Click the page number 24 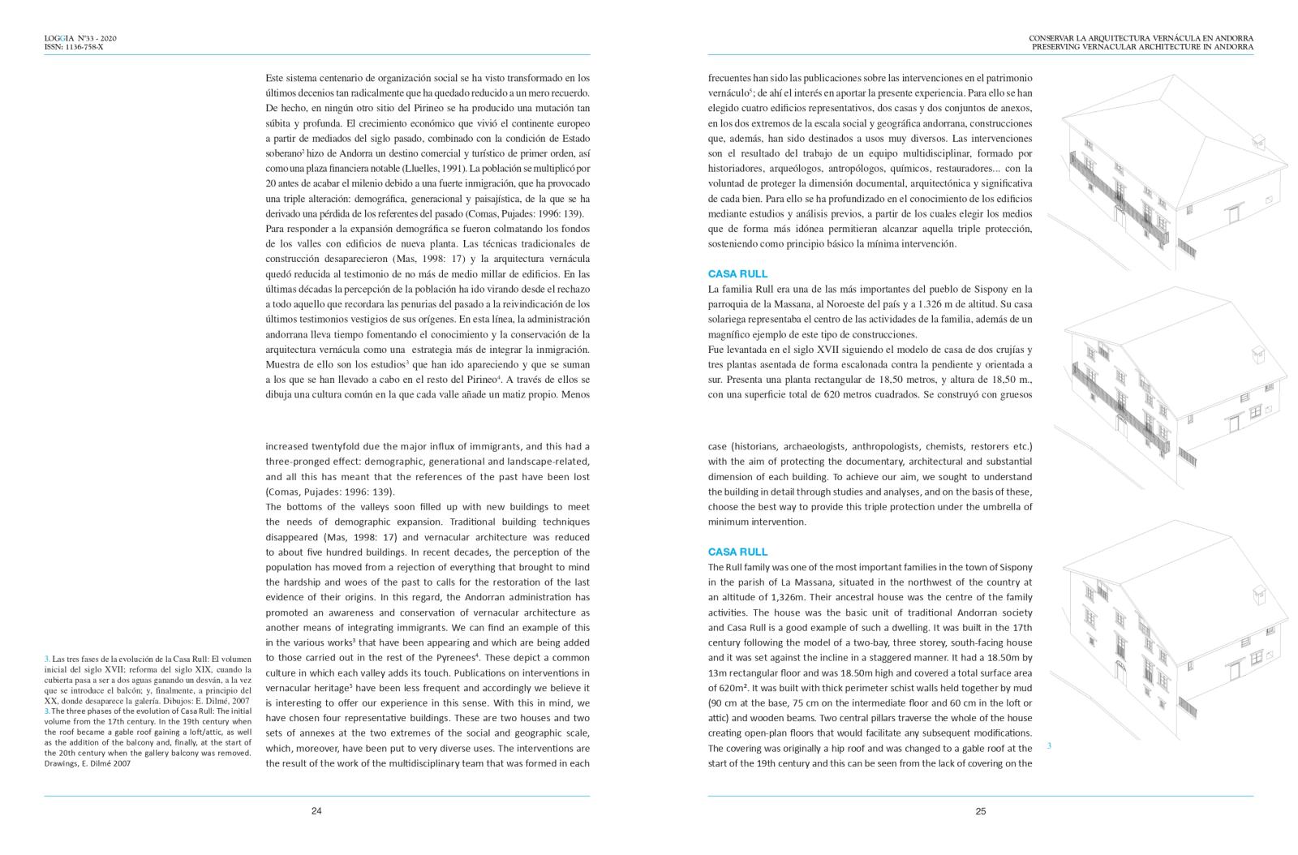316,810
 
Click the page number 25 980,810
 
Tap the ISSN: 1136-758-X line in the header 74,47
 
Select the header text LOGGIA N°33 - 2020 81,38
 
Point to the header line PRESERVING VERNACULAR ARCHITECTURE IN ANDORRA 1142,47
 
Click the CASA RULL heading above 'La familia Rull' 737,274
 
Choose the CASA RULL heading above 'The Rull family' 737,552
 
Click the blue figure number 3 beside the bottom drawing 1049,745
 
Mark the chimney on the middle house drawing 1257,355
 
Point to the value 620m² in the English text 724,688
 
